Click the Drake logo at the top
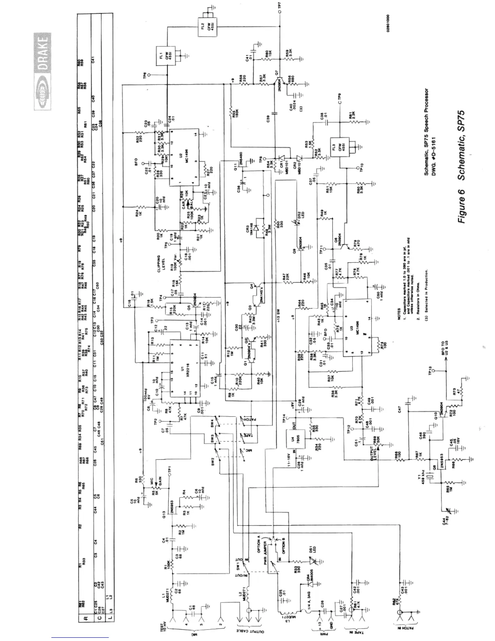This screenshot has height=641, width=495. tap(42, 72)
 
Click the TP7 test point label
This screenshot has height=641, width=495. tap(279, 6)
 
